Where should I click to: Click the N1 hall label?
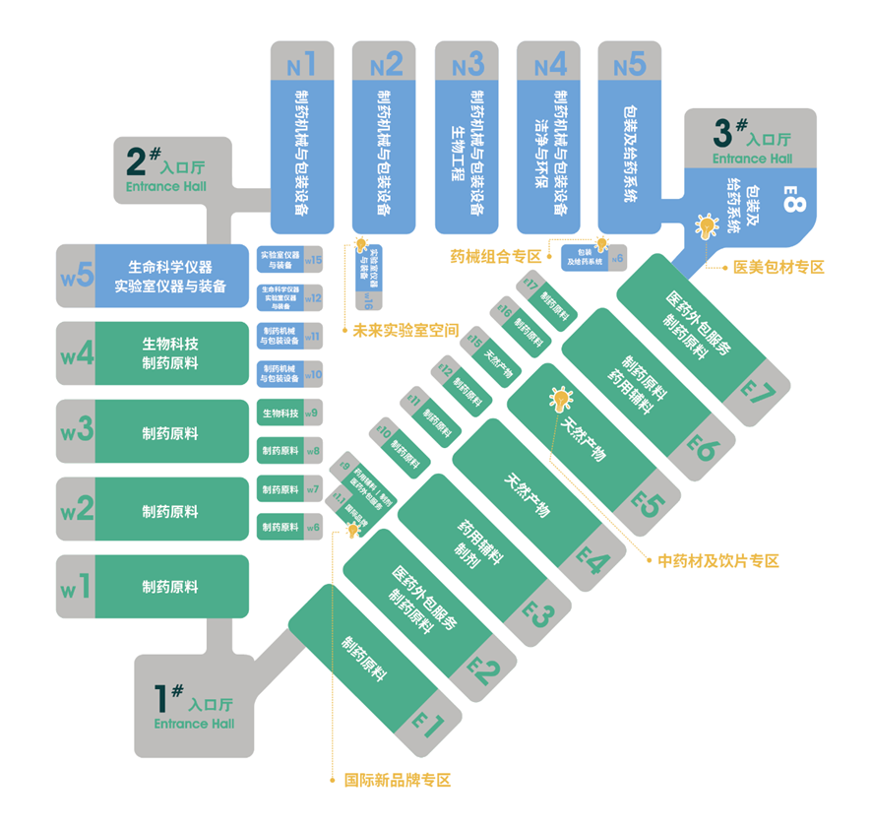[301, 66]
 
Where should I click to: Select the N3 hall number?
[467, 66]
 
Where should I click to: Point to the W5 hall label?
[77, 275]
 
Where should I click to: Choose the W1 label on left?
[77, 588]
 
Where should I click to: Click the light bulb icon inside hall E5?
[560, 400]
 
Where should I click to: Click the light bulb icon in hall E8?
[705, 226]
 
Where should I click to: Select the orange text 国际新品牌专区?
[397, 780]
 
